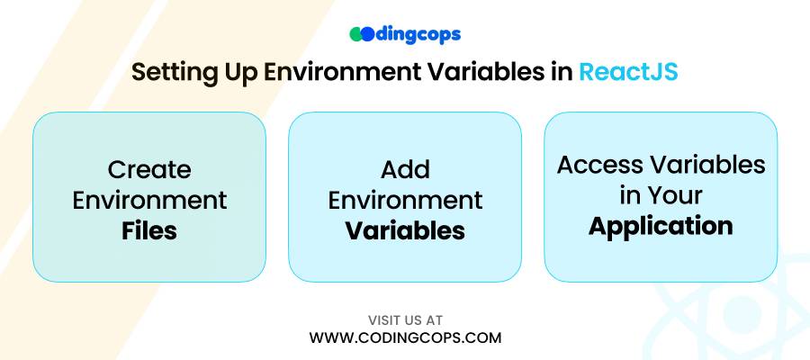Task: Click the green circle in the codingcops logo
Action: click(x=356, y=34)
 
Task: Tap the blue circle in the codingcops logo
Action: click(x=367, y=34)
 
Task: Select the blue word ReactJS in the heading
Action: click(x=628, y=72)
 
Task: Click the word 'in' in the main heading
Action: click(x=557, y=72)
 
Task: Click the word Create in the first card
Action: click(x=149, y=169)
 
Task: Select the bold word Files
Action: click(x=149, y=231)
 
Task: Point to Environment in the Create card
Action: click(x=149, y=200)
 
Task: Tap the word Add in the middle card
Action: click(x=405, y=169)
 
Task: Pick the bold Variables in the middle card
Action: click(x=405, y=231)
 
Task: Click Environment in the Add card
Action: click(x=405, y=200)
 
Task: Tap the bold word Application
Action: click(x=661, y=227)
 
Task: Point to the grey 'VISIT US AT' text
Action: click(x=405, y=320)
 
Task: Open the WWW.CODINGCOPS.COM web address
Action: click(x=405, y=337)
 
